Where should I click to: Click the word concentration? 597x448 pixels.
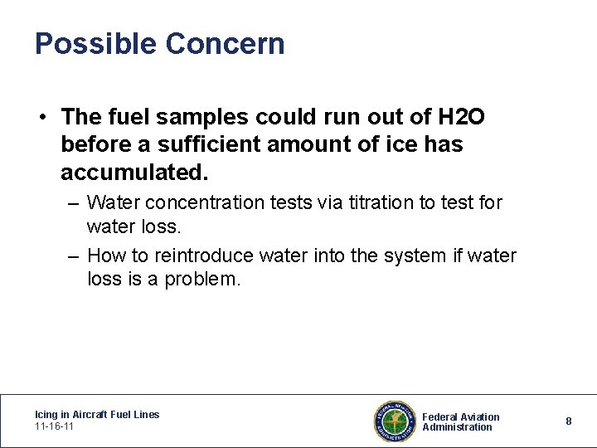point(211,202)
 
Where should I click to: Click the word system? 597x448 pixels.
point(419,256)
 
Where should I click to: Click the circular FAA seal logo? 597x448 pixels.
point(393,421)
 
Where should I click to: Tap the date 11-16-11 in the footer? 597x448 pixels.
point(54,426)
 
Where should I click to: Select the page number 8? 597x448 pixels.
point(569,421)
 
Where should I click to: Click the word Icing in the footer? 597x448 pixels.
point(46,414)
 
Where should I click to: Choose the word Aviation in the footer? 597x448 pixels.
point(481,416)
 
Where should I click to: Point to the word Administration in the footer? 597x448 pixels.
point(457,427)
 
